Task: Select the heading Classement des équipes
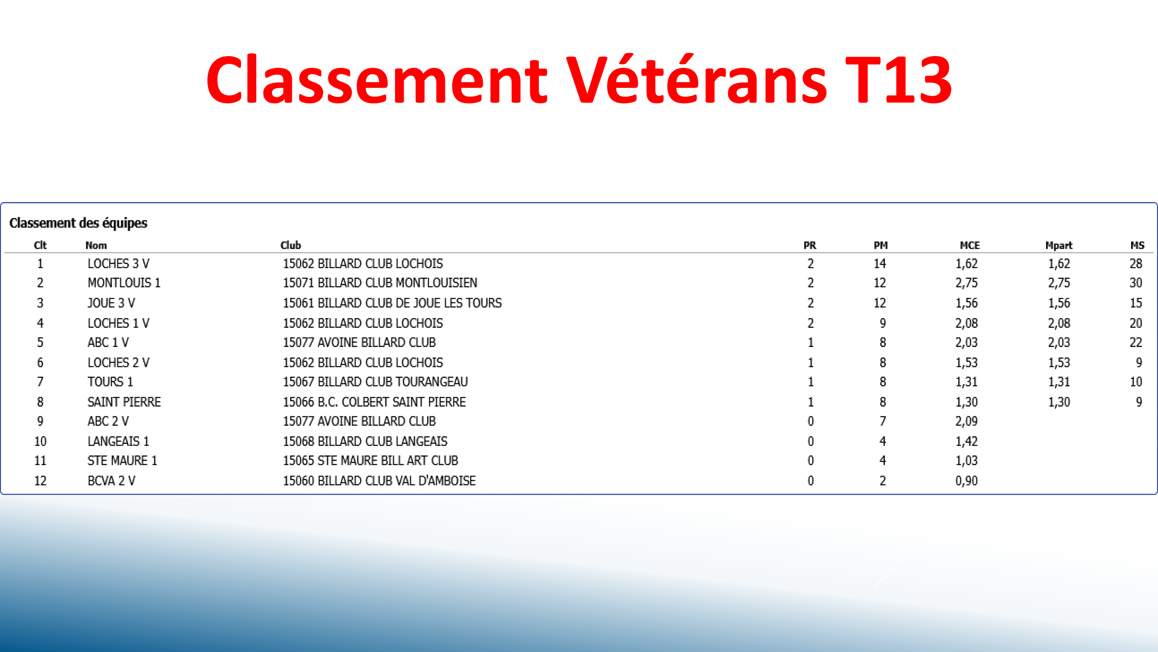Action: (x=78, y=223)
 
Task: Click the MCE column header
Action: (x=970, y=245)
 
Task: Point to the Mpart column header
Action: (x=1059, y=245)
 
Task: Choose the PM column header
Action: (x=880, y=245)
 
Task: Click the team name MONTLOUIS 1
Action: (x=124, y=283)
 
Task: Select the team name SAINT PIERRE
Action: (x=124, y=402)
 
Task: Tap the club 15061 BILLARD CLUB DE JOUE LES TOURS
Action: (x=392, y=303)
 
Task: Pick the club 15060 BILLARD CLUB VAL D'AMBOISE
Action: (x=379, y=481)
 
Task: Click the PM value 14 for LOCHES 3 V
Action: (x=880, y=264)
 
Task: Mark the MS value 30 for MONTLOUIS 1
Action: (x=1135, y=283)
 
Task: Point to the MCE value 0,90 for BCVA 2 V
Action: (x=967, y=481)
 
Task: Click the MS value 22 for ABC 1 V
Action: (x=1135, y=343)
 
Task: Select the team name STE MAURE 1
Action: (x=122, y=461)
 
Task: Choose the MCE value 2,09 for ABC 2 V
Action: (x=967, y=421)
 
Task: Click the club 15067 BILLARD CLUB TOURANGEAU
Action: (x=375, y=382)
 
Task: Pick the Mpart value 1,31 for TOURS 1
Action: (x=1059, y=382)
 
